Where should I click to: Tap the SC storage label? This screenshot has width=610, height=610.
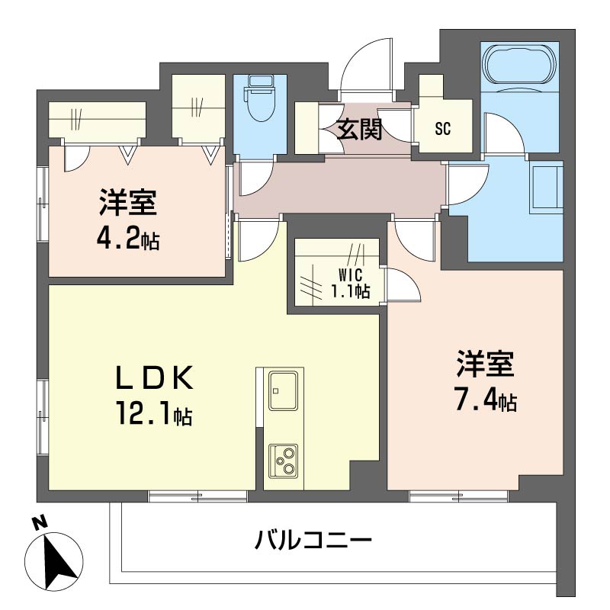pyautogui.click(x=443, y=129)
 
